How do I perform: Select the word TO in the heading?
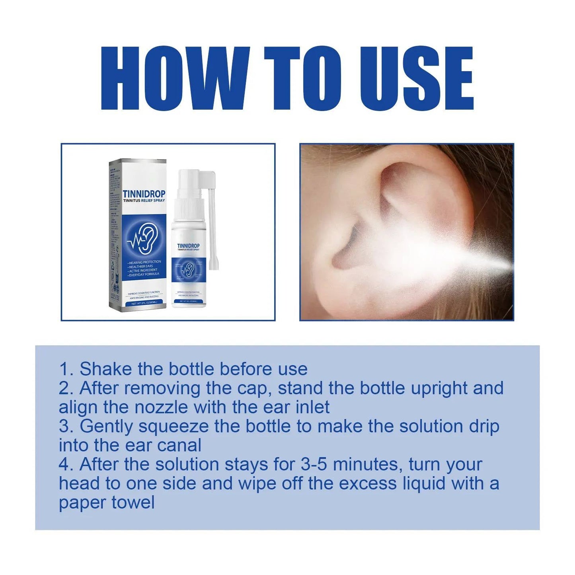[x=303, y=78]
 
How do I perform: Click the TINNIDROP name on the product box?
[x=144, y=194]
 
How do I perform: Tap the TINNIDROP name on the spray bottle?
[x=188, y=246]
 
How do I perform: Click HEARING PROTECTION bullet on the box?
[x=144, y=262]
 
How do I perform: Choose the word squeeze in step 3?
[x=173, y=427]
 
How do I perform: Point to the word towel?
[x=133, y=503]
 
